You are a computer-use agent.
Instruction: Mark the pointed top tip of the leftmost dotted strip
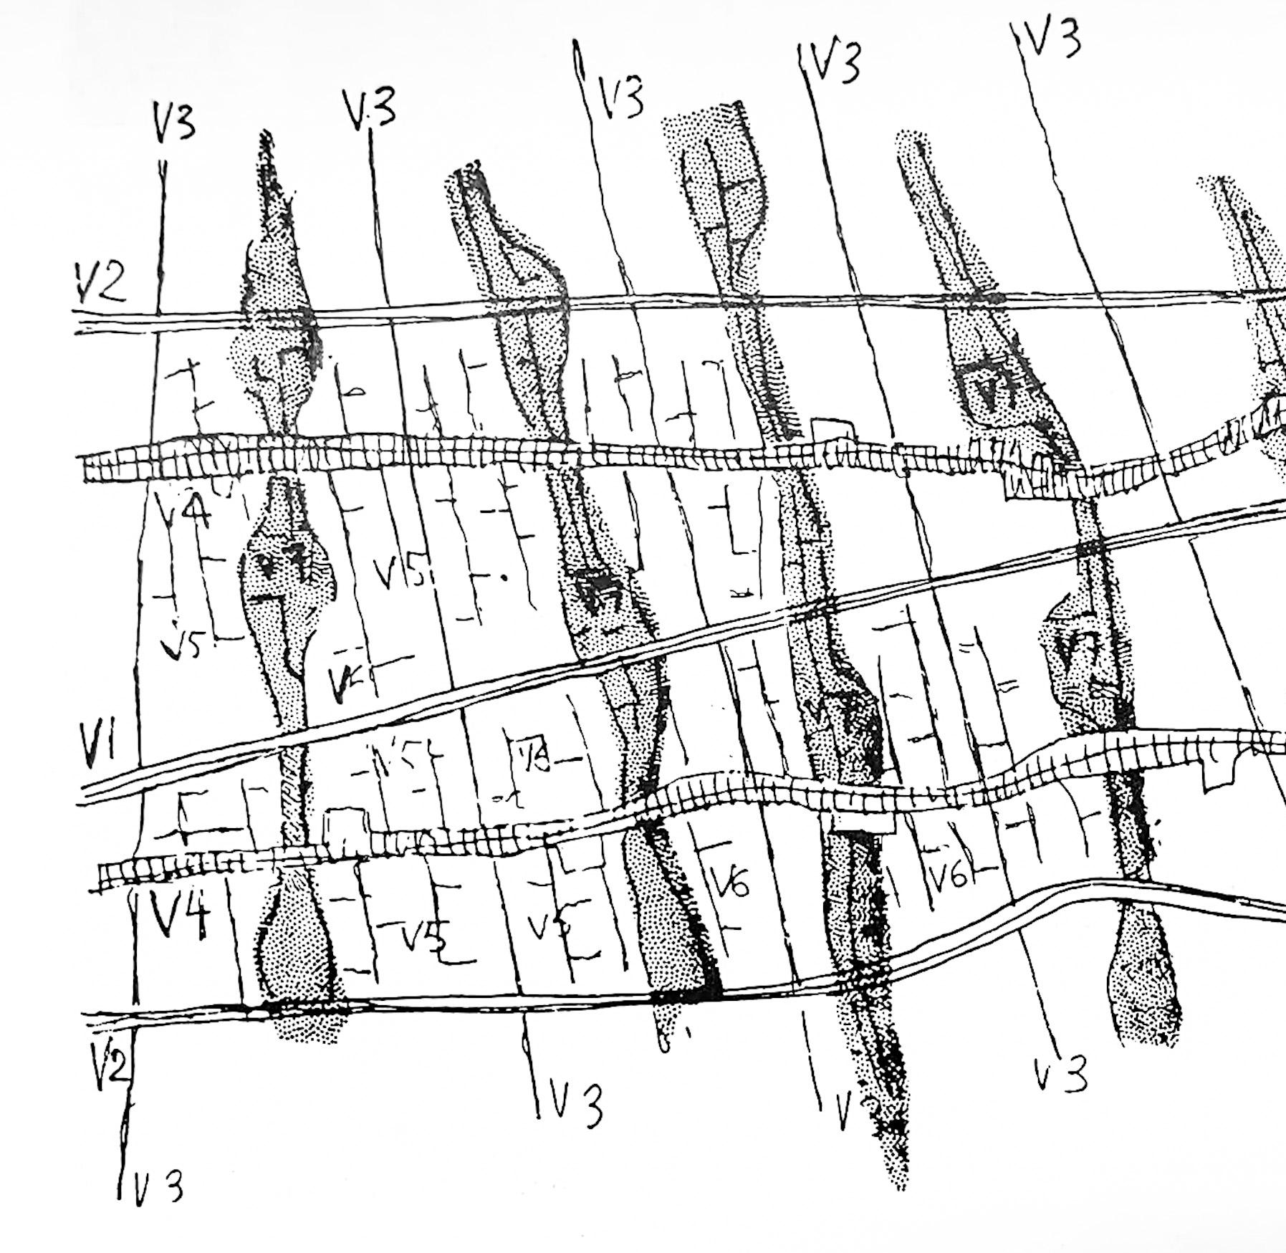267,136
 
